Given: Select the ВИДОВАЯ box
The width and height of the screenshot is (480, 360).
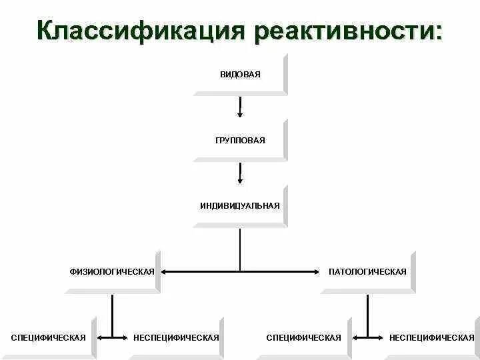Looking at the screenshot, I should [x=240, y=74].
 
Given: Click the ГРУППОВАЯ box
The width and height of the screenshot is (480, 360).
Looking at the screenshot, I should [x=240, y=140].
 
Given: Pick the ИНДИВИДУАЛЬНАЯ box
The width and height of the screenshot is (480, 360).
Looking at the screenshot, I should [x=240, y=205].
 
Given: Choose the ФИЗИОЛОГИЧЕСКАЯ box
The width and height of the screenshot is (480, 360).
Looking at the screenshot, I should [x=112, y=271].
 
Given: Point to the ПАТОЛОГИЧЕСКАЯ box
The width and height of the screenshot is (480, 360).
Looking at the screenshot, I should [x=367, y=271].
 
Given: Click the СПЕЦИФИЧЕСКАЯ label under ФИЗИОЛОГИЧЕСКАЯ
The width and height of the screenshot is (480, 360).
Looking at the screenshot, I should [x=48, y=337].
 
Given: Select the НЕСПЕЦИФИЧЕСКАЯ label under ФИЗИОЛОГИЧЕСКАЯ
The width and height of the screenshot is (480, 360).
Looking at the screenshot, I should [x=176, y=337].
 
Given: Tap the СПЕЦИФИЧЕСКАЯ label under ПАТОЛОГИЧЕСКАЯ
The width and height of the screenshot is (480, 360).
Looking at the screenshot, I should [x=303, y=337].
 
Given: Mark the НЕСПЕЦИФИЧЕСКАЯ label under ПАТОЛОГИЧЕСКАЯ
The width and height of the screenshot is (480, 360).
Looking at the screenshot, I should [x=431, y=337].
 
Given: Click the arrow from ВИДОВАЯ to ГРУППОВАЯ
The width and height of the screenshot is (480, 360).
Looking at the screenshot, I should [x=240, y=107].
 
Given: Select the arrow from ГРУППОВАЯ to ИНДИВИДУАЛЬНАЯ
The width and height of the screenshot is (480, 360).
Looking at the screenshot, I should [x=240, y=173].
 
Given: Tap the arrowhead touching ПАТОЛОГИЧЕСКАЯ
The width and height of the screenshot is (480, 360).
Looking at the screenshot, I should [x=318, y=271].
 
